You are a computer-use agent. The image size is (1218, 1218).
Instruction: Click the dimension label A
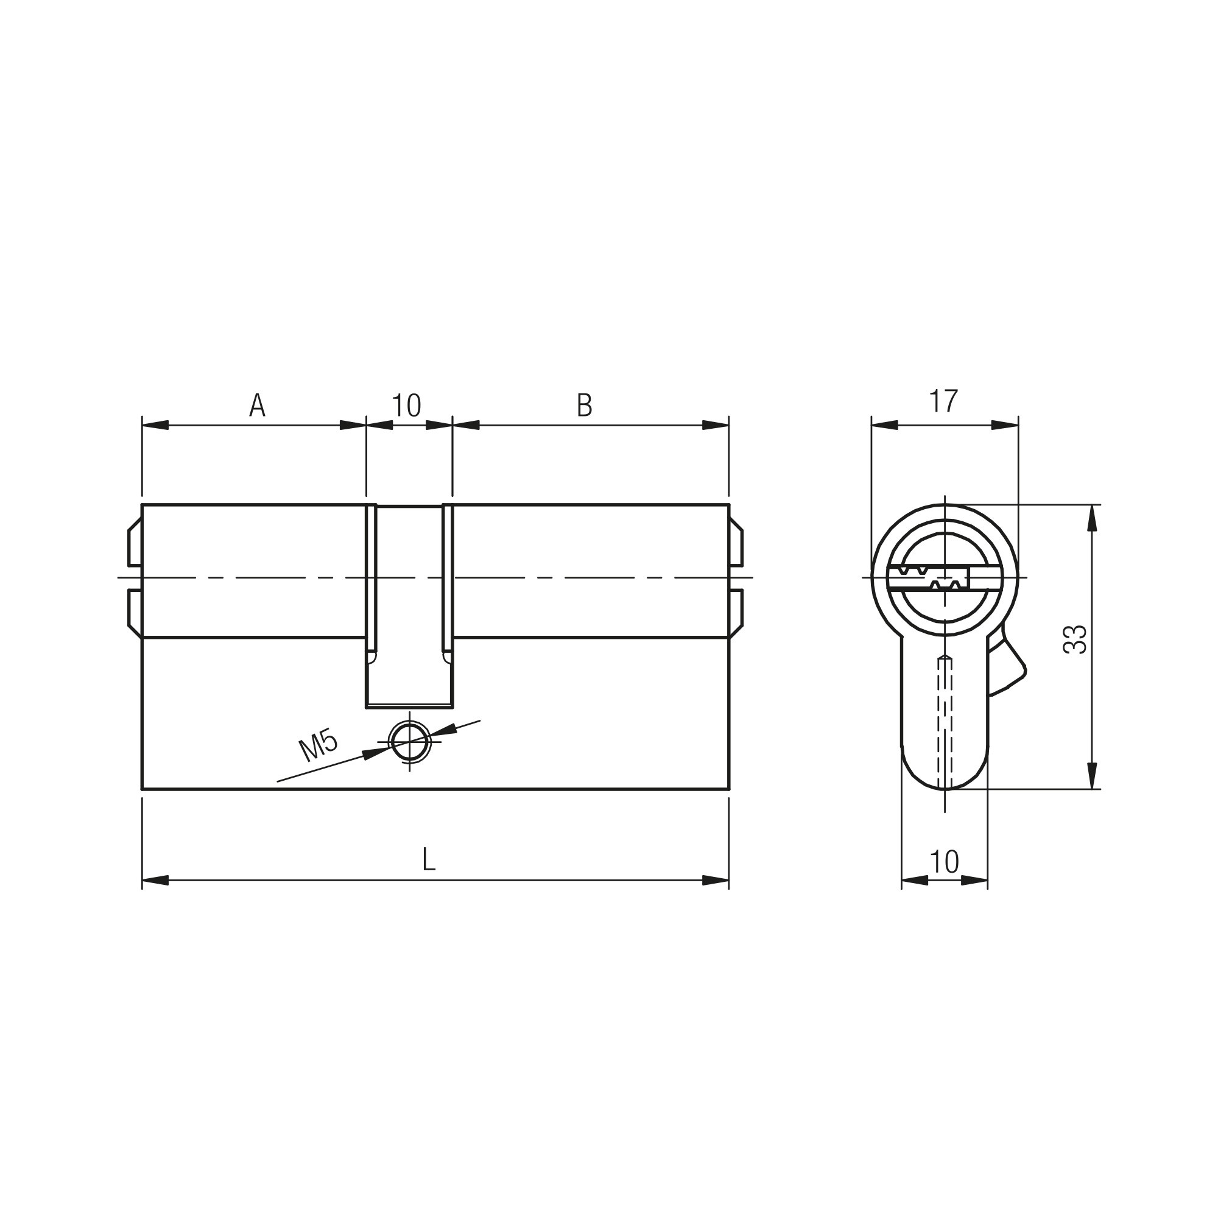[257, 406]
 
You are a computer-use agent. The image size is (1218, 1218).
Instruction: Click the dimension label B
[585, 406]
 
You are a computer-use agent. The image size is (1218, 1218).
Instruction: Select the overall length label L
[429, 860]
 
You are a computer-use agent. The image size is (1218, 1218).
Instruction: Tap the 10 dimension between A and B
[407, 406]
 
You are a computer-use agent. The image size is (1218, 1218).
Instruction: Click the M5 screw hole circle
[410, 741]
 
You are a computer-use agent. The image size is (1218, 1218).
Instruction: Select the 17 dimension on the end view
[944, 401]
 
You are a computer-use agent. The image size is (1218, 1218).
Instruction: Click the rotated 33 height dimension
[1075, 639]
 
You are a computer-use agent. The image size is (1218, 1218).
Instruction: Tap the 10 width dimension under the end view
[944, 861]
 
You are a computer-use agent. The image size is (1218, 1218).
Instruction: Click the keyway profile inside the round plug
[933, 577]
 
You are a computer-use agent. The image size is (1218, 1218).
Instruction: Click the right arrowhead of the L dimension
[716, 880]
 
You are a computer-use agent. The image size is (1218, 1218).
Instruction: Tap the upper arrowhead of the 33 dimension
[1093, 518]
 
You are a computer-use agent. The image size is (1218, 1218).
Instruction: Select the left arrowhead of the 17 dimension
[884, 425]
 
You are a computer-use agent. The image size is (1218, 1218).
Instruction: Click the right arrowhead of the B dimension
[716, 425]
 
